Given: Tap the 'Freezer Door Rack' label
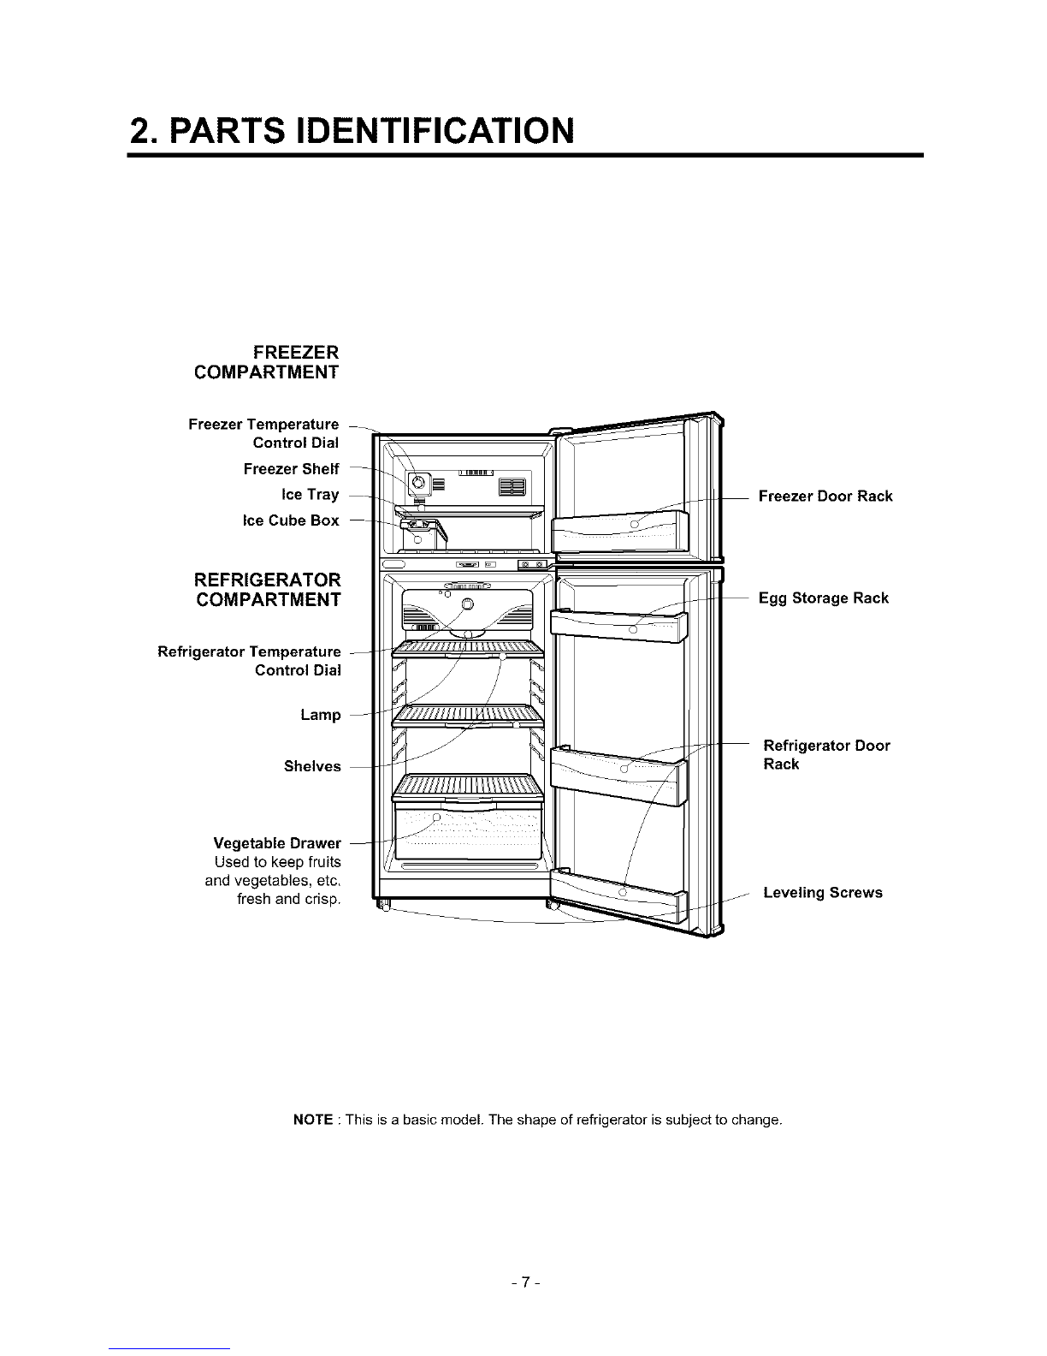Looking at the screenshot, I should click(x=825, y=497).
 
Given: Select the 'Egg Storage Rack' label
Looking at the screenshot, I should click(x=824, y=598).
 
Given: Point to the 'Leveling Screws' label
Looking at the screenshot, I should click(x=822, y=893).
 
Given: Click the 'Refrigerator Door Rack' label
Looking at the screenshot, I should click(x=825, y=755).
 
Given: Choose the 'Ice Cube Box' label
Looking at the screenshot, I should click(x=291, y=520).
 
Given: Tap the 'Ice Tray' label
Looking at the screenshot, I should click(x=310, y=495).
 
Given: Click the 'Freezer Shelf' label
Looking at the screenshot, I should click(x=291, y=469).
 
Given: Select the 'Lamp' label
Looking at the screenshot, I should click(x=320, y=715).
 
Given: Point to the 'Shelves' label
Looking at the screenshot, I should click(x=312, y=766).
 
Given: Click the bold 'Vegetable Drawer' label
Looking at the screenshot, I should click(x=277, y=845).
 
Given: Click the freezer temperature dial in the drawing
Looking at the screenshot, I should click(x=418, y=484).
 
